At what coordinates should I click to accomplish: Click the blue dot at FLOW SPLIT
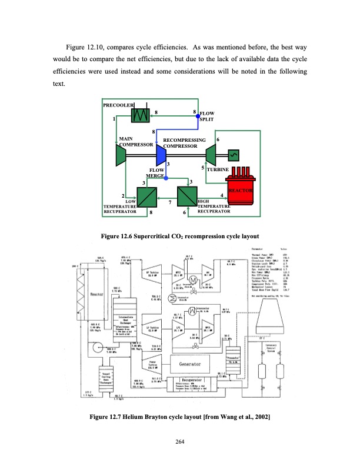click(x=198, y=116)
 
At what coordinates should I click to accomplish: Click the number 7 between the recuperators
click(x=169, y=203)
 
